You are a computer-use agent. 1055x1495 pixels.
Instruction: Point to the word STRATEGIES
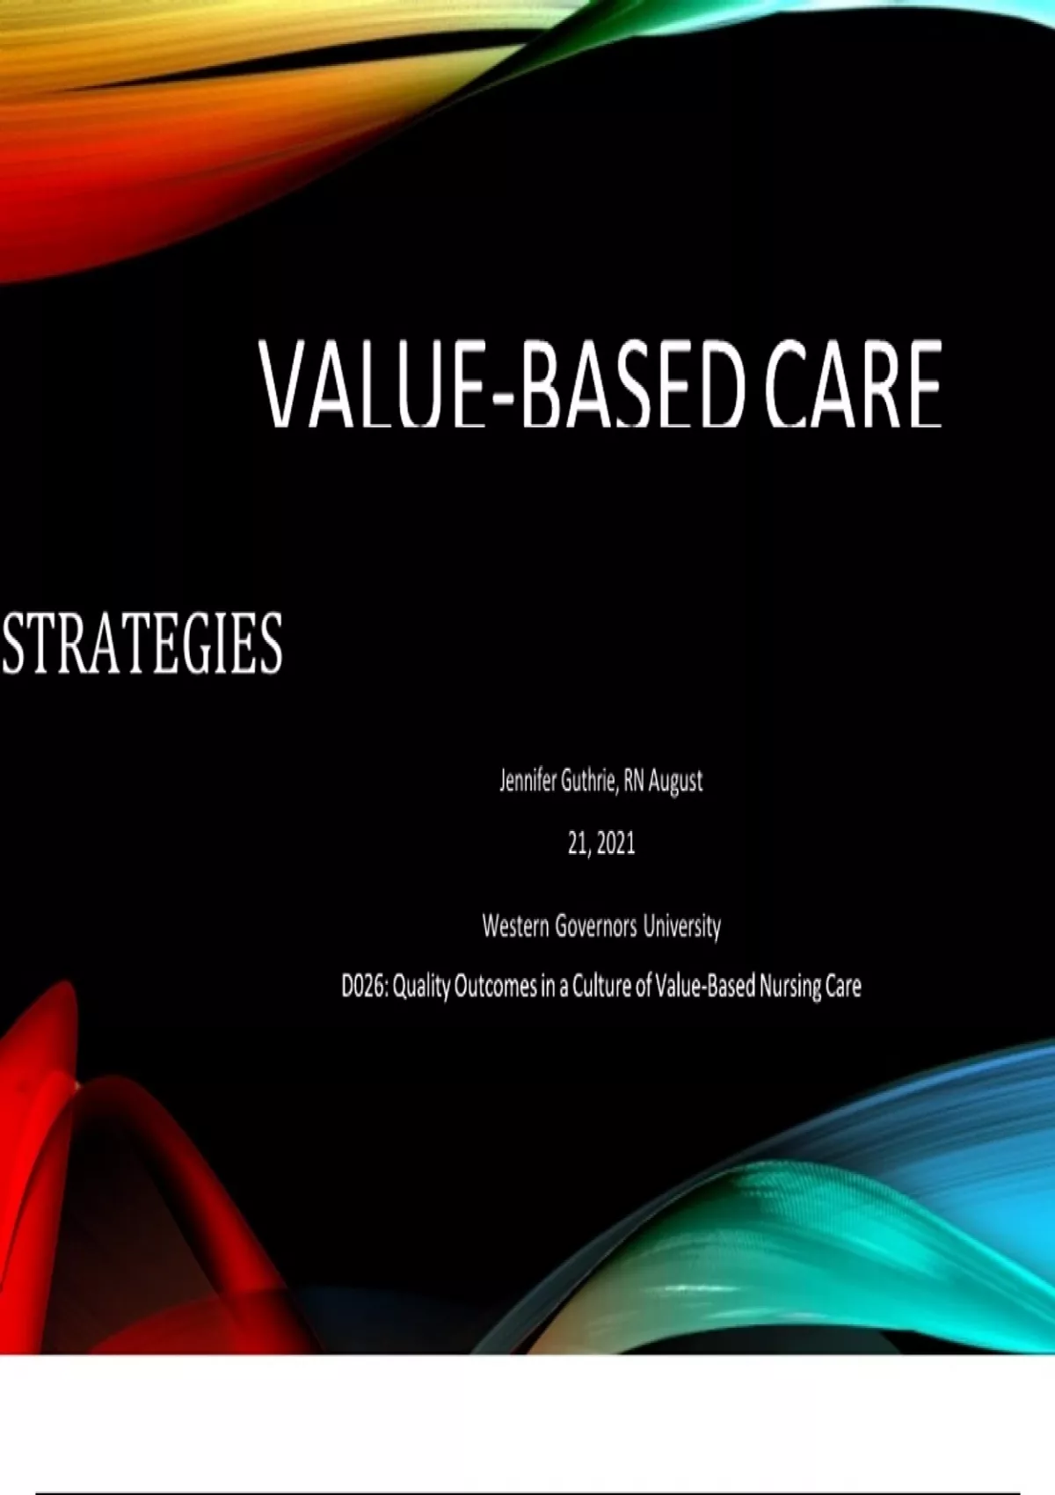click(142, 643)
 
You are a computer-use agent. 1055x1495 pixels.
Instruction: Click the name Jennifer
click(527, 782)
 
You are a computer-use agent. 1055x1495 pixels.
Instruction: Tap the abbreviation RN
click(634, 782)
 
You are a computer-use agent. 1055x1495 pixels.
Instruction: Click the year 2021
click(616, 845)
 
